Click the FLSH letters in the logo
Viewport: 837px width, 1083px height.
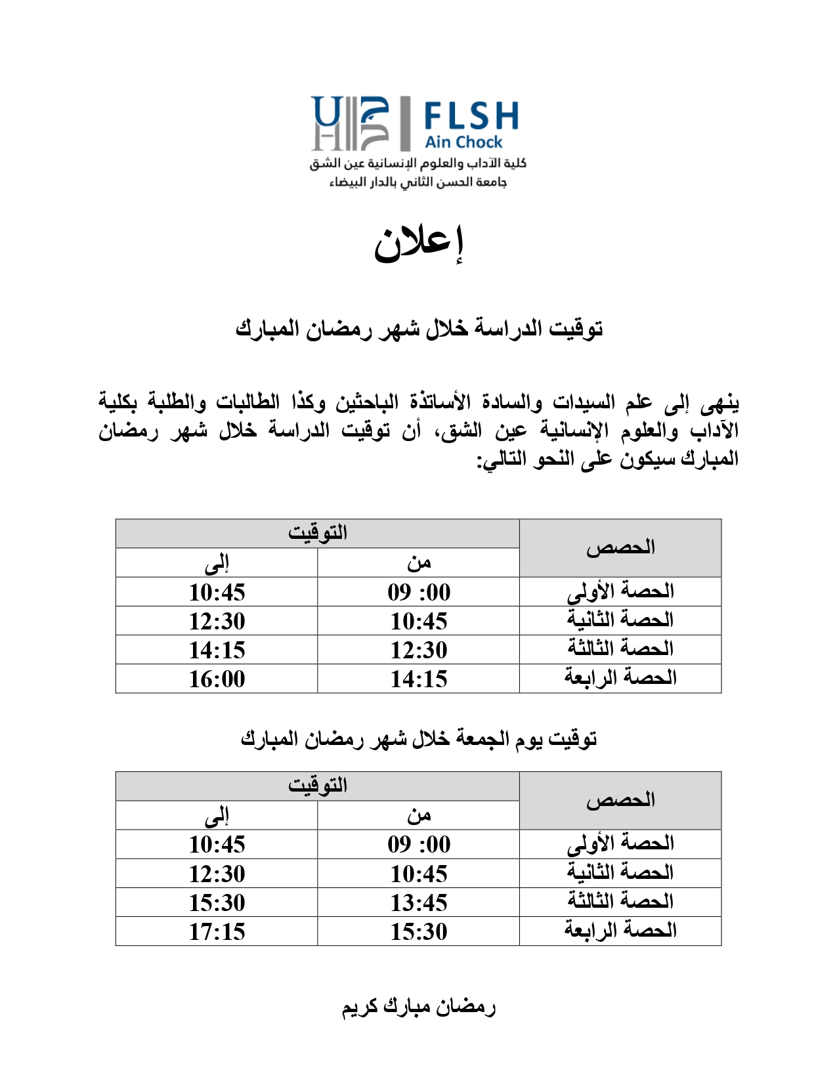point(471,116)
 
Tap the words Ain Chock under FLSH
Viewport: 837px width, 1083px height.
point(463,142)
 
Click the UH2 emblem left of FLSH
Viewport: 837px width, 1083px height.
point(351,123)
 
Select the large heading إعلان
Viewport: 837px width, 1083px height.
point(419,244)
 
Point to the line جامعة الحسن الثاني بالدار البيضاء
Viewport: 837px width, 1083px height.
point(418,182)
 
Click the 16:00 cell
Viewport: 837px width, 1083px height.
point(217,679)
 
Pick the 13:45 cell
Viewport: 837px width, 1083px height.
point(419,902)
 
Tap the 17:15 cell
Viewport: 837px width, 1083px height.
point(217,931)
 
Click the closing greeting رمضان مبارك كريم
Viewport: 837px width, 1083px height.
point(418,1007)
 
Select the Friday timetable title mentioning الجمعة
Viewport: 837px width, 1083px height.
point(419,739)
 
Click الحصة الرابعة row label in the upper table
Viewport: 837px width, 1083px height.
point(620,678)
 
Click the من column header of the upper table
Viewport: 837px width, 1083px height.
point(419,563)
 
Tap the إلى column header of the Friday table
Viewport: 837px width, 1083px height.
point(217,815)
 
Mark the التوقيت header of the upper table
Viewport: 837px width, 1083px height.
point(318,533)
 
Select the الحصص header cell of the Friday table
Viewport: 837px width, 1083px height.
point(620,800)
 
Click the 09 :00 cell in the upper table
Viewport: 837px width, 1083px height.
point(419,592)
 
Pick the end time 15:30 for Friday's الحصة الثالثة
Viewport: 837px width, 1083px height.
point(217,902)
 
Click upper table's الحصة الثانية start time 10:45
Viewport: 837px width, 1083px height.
point(419,621)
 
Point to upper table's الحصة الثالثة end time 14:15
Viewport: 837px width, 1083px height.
point(217,650)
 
